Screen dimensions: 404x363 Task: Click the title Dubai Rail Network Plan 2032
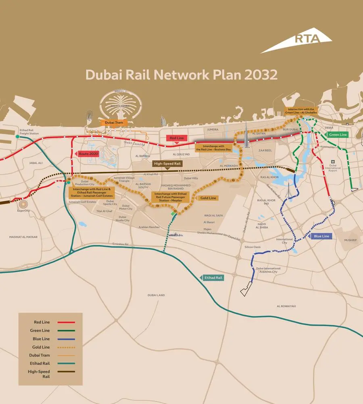click(x=181, y=75)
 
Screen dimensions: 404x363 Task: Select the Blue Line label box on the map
click(x=321, y=236)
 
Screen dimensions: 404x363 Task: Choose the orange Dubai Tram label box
click(x=113, y=122)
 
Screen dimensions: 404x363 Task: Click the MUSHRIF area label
click(x=350, y=240)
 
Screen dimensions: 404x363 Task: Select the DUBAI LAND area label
click(x=156, y=295)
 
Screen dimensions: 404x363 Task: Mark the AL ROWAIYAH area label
click(x=286, y=306)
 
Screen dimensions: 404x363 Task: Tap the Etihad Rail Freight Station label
click(x=29, y=132)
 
